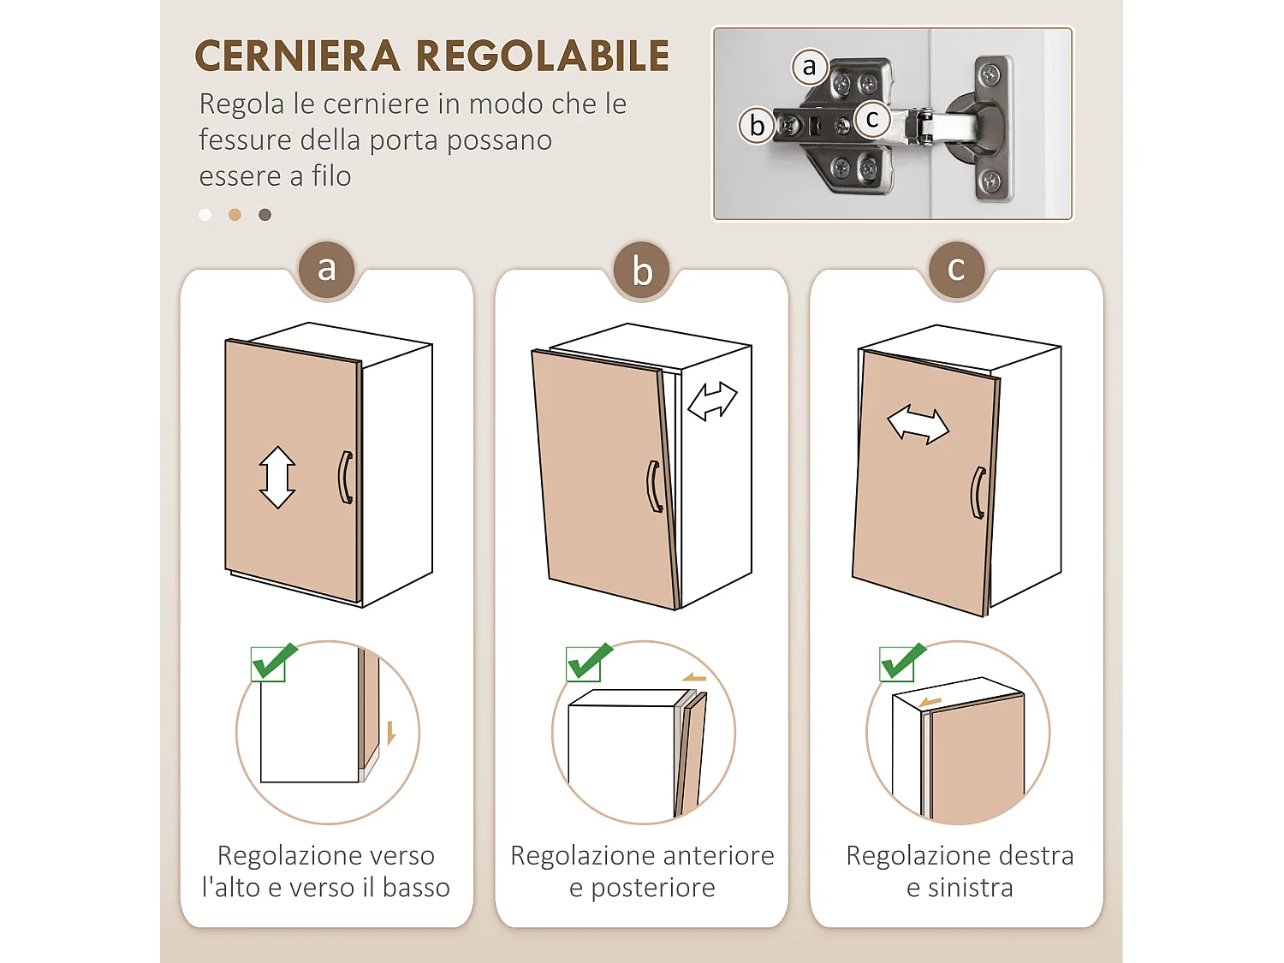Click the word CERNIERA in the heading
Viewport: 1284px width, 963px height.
click(x=297, y=56)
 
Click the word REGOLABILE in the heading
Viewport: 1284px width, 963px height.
click(x=542, y=56)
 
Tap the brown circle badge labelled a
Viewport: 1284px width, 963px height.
click(x=326, y=270)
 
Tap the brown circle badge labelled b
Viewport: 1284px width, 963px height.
click(x=642, y=271)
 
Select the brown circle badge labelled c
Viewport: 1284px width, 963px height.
click(x=956, y=270)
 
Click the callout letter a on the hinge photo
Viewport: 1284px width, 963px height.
click(x=809, y=67)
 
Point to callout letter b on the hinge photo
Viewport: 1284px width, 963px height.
click(x=757, y=126)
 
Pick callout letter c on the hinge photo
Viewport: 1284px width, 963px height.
click(x=872, y=119)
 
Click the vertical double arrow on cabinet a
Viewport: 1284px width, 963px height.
click(x=277, y=477)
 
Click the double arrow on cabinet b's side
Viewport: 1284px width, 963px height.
click(x=712, y=401)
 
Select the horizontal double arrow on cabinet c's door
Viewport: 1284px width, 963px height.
click(x=918, y=425)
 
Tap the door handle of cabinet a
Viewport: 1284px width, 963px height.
click(x=345, y=477)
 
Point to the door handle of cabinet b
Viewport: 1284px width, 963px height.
click(x=653, y=486)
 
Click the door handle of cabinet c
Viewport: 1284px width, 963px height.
click(x=978, y=493)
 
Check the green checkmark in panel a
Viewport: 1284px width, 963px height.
click(x=272, y=662)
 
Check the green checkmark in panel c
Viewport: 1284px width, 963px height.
click(x=901, y=662)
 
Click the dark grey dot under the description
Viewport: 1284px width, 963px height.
click(x=265, y=215)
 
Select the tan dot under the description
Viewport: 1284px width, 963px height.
click(x=235, y=215)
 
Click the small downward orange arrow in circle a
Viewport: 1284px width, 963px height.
click(x=391, y=733)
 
